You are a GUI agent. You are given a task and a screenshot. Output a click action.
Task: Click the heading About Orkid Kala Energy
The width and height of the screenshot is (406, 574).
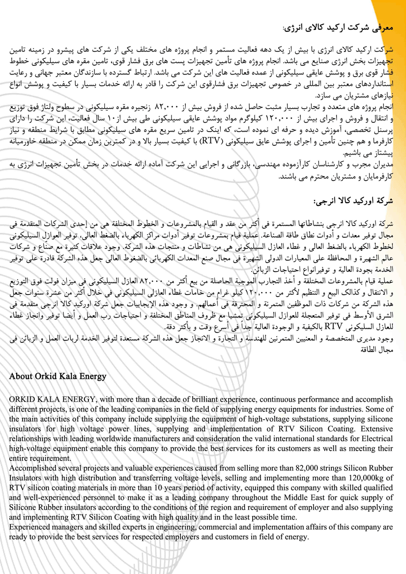58,377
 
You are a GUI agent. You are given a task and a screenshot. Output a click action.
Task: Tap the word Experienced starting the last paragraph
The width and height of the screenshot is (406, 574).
30,527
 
